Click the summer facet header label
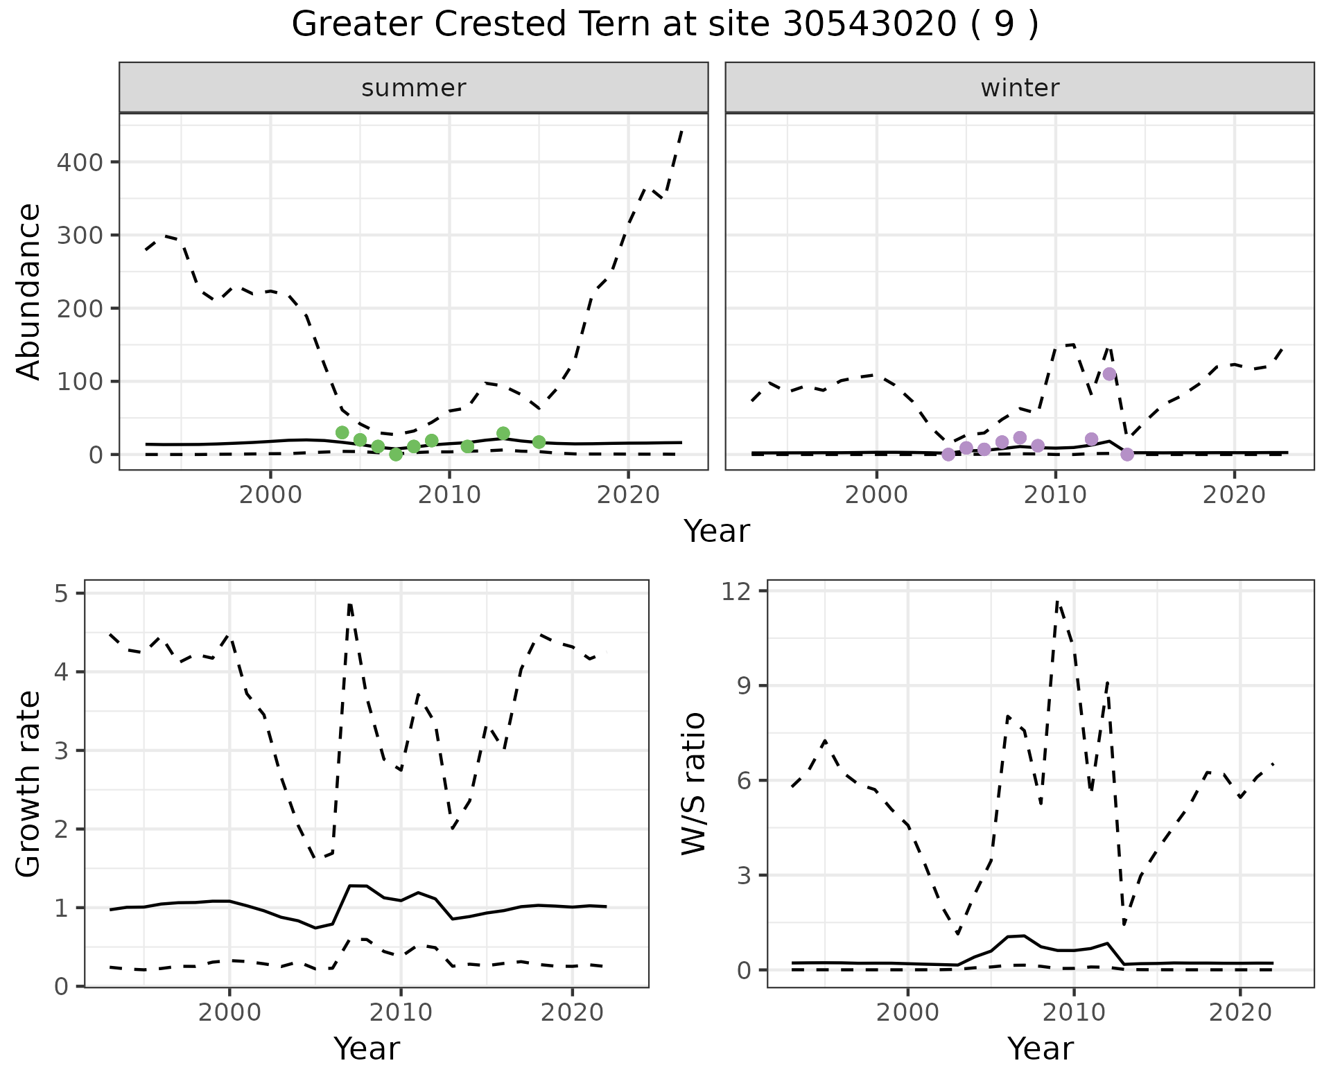pyautogui.click(x=414, y=88)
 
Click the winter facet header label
pyautogui.click(x=1020, y=88)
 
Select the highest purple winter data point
pyautogui.click(x=1109, y=374)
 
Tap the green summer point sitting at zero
pyautogui.click(x=396, y=455)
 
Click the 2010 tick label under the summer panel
pyautogui.click(x=449, y=495)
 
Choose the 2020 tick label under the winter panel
pyautogui.click(x=1234, y=495)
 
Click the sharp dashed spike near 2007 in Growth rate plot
pyautogui.click(x=350, y=604)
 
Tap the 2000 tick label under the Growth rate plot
pyautogui.click(x=229, y=1012)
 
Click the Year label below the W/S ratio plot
pyautogui.click(x=1041, y=1048)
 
